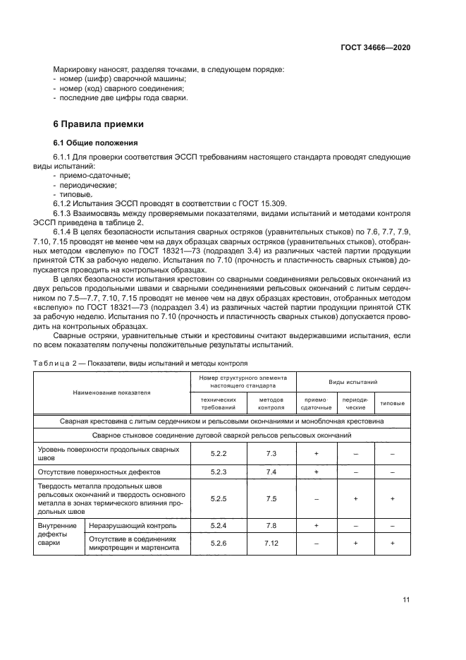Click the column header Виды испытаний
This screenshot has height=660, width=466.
click(x=352, y=380)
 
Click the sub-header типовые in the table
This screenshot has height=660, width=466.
click(x=392, y=403)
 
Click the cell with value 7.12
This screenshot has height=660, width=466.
click(x=271, y=544)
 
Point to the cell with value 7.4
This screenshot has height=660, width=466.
click(x=271, y=471)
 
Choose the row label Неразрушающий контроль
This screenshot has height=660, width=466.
click(x=128, y=525)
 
